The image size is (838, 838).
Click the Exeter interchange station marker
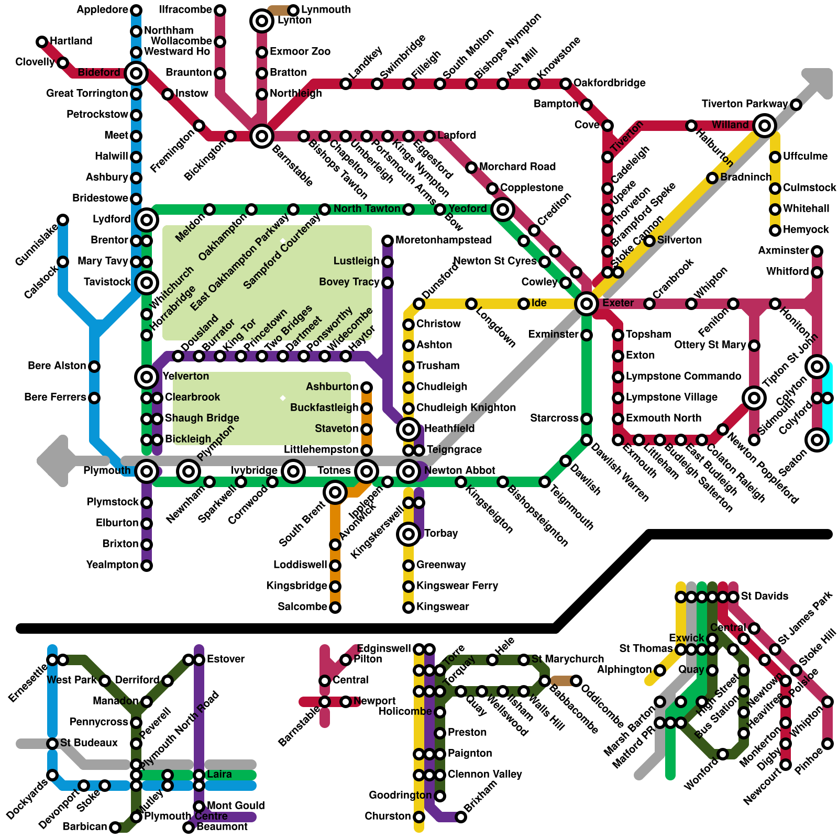(x=586, y=303)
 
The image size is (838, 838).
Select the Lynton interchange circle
(x=262, y=21)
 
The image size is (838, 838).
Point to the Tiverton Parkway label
(x=744, y=104)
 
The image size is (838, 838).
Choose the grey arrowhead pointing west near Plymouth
(x=54, y=461)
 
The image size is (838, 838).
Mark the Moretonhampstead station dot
(x=388, y=240)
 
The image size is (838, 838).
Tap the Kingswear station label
(x=443, y=607)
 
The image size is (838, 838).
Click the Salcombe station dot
(x=335, y=607)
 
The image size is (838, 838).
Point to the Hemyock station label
(x=806, y=229)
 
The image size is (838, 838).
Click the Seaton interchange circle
(x=817, y=439)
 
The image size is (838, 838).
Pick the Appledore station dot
(x=136, y=10)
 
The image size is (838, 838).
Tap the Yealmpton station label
(x=112, y=565)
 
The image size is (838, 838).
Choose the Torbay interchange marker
(x=409, y=534)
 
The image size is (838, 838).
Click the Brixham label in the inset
(x=481, y=797)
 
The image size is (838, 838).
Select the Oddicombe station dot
(x=576, y=680)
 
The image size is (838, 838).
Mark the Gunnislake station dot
(x=63, y=219)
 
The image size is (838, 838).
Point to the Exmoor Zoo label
(x=300, y=51)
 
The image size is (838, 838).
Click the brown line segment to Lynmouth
(x=278, y=9)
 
